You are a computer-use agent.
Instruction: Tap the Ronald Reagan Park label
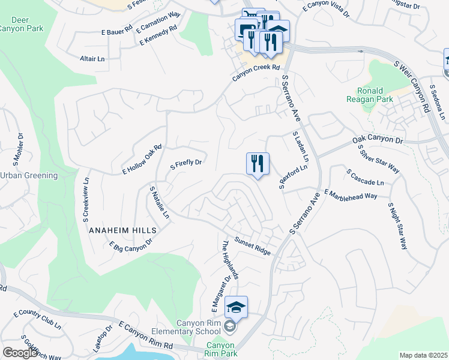point(366,95)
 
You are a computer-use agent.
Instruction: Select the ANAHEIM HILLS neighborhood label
point(122,230)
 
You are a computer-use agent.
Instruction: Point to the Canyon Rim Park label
point(220,349)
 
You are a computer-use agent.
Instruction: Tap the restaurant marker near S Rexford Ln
point(258,164)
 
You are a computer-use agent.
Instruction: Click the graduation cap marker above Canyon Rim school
point(237,308)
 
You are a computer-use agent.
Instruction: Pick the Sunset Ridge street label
point(252,246)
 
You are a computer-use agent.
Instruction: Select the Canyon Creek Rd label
point(256,74)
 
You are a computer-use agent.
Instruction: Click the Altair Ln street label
point(92,59)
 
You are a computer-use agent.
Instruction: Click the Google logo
point(20,353)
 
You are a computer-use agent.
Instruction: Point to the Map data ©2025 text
point(423,355)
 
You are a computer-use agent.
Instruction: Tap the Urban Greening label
point(28,175)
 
